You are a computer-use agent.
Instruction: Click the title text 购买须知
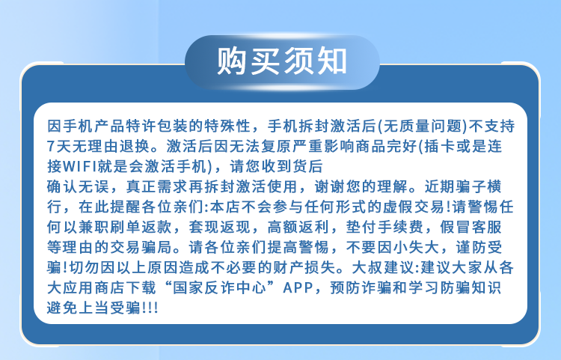tap(282, 61)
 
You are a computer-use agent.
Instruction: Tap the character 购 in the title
tap(232, 61)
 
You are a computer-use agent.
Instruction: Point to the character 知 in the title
tap(331, 61)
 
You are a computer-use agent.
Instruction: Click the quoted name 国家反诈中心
tap(219, 287)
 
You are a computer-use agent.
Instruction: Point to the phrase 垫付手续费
tap(385, 228)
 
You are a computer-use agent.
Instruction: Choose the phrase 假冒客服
tap(471, 228)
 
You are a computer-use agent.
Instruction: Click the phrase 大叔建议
tap(383, 268)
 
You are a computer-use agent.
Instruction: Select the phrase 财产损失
tap(304, 268)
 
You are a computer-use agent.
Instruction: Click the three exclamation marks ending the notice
tap(150, 308)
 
